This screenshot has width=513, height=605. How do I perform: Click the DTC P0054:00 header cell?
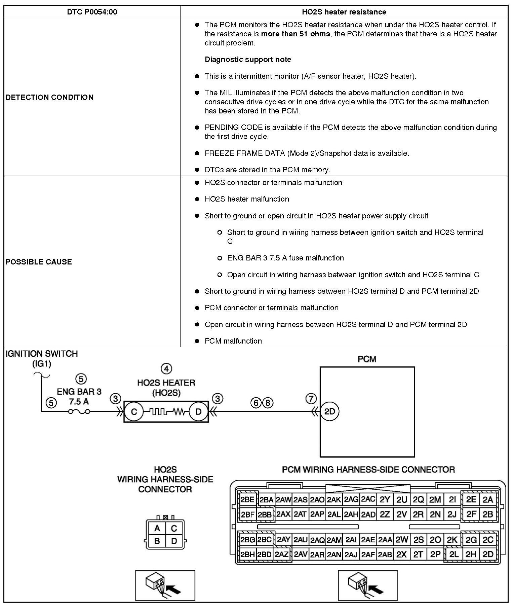click(92, 12)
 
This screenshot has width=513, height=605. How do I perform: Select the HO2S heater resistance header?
click(344, 12)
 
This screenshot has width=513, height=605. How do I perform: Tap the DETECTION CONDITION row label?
click(49, 97)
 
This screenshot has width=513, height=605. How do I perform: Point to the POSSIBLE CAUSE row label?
click(39, 262)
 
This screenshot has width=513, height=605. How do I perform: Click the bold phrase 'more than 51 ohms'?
click(295, 34)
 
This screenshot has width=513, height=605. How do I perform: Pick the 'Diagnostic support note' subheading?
click(248, 60)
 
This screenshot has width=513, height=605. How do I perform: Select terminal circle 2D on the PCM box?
click(329, 411)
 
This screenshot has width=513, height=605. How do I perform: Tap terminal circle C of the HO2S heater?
click(134, 412)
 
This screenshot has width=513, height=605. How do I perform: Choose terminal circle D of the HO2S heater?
click(198, 412)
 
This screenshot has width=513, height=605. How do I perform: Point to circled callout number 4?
click(166, 369)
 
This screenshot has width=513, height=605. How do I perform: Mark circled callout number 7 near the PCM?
click(311, 399)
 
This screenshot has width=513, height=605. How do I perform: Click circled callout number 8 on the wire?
click(268, 402)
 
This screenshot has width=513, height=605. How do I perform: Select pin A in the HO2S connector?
click(157, 528)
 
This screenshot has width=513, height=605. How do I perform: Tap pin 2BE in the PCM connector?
click(247, 499)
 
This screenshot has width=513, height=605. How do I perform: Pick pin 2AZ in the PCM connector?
click(282, 554)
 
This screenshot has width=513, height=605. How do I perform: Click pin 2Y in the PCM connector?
click(384, 500)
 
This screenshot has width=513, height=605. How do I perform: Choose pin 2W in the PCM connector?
click(401, 540)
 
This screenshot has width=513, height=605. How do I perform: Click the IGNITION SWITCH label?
click(42, 354)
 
